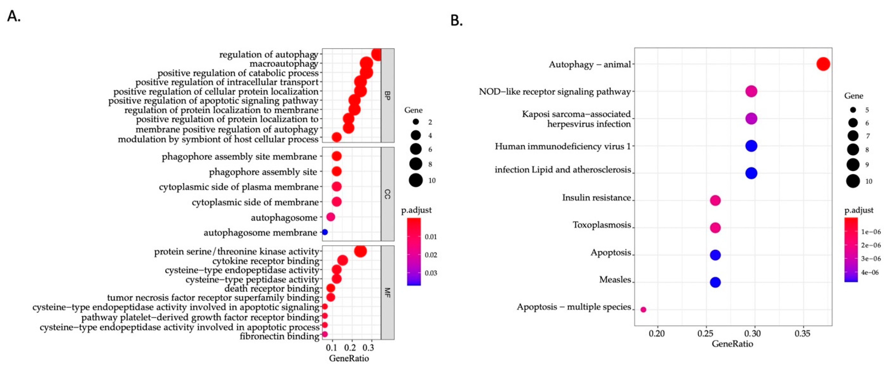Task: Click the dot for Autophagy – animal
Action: [x=823, y=64]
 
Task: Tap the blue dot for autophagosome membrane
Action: [x=325, y=232]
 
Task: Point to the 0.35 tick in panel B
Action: [x=802, y=334]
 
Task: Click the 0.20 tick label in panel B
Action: [x=657, y=334]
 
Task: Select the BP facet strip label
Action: [x=388, y=95]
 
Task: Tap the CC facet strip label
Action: [x=388, y=194]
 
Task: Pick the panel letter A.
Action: [x=14, y=16]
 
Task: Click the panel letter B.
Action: [x=456, y=21]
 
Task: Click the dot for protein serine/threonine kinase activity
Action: [x=360, y=251]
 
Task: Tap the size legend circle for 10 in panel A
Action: [x=416, y=180]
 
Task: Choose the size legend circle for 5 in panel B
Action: [x=853, y=110]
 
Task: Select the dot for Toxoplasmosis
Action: [x=715, y=228]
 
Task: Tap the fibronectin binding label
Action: [x=279, y=336]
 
